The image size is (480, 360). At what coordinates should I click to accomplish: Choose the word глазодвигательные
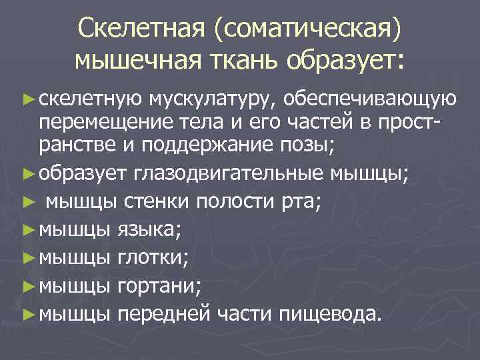(x=230, y=175)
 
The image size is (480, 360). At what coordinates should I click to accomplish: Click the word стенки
(x=151, y=201)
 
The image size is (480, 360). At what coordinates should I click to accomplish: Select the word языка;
(x=148, y=231)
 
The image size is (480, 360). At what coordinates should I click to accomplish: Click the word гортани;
(x=158, y=287)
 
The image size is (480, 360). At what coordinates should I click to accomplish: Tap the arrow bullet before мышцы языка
(x=27, y=231)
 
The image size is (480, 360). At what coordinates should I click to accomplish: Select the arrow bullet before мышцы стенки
(x=27, y=202)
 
